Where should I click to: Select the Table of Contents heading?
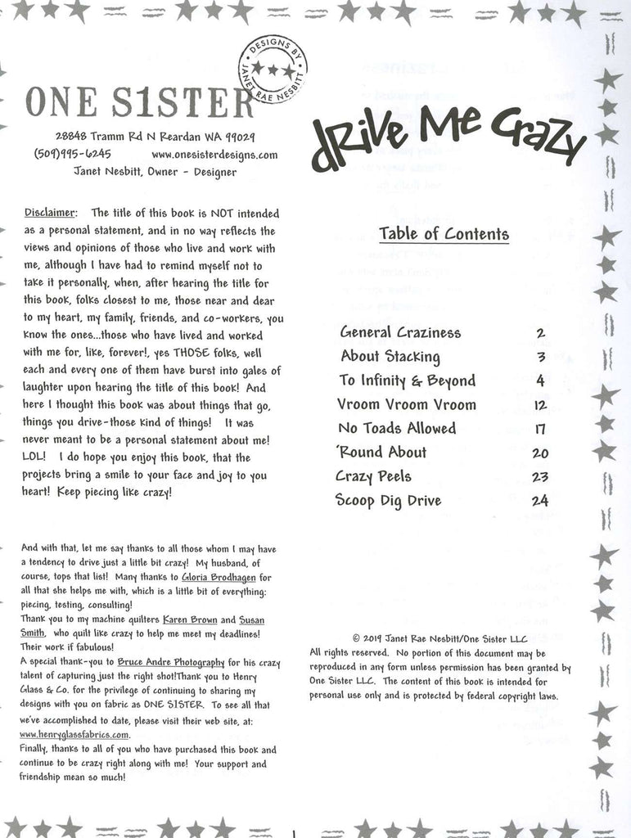click(x=444, y=234)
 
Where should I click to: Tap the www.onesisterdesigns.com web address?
click(x=214, y=154)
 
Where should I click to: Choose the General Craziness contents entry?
click(x=400, y=332)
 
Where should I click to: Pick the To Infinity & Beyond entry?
click(x=407, y=381)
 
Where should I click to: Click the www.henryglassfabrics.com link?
click(x=75, y=734)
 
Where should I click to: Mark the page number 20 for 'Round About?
click(x=539, y=453)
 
